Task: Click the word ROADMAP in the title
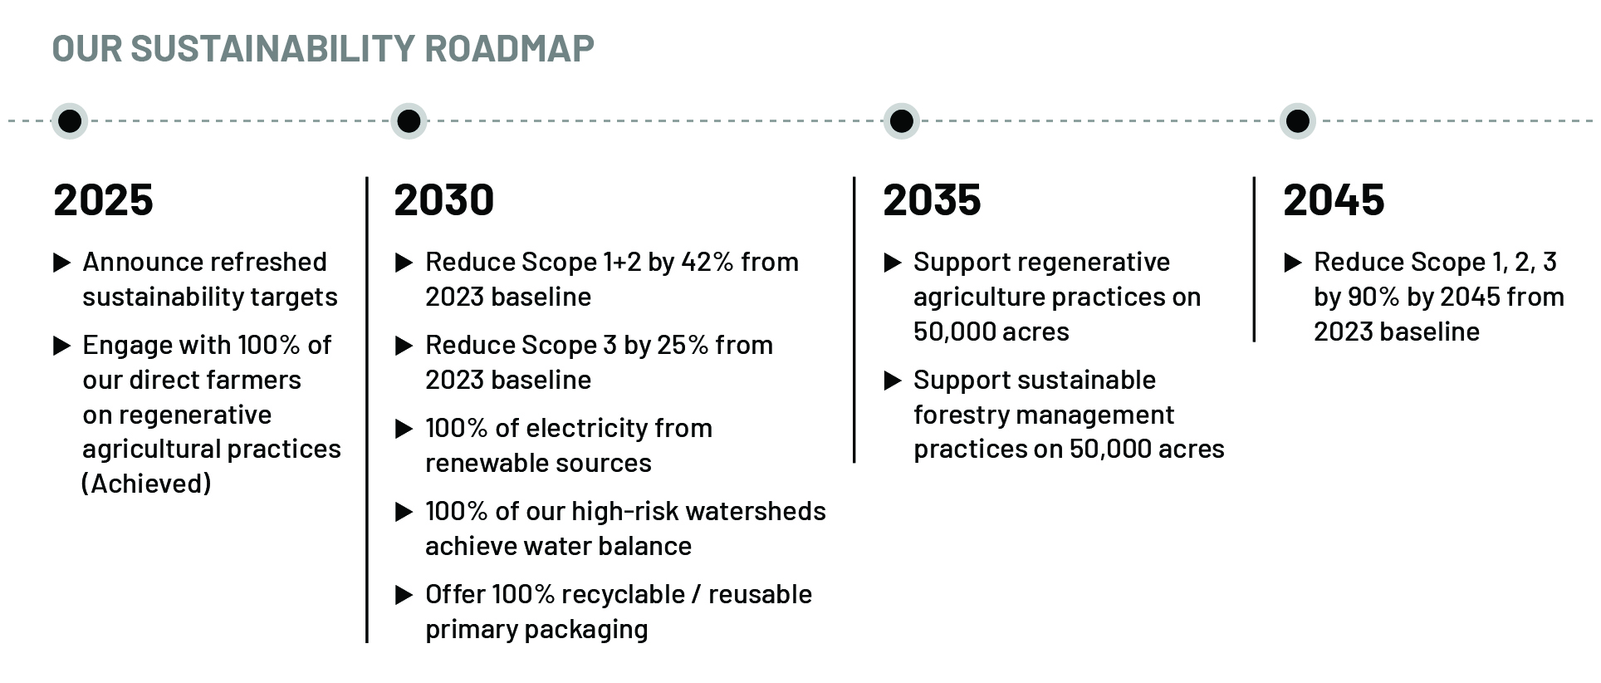click(x=509, y=48)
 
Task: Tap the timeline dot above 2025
click(x=70, y=121)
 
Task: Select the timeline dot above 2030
click(x=409, y=121)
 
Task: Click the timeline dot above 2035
click(x=901, y=121)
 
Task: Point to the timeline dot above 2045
click(x=1297, y=121)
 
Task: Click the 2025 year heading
click(x=103, y=200)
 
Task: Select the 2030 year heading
click(x=443, y=200)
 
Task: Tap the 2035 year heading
click(x=932, y=200)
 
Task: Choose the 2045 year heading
click(x=1334, y=200)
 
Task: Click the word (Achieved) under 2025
click(x=146, y=484)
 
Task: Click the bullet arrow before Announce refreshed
click(x=61, y=263)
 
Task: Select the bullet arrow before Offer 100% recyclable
click(x=404, y=595)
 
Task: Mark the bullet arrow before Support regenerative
click(x=893, y=263)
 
